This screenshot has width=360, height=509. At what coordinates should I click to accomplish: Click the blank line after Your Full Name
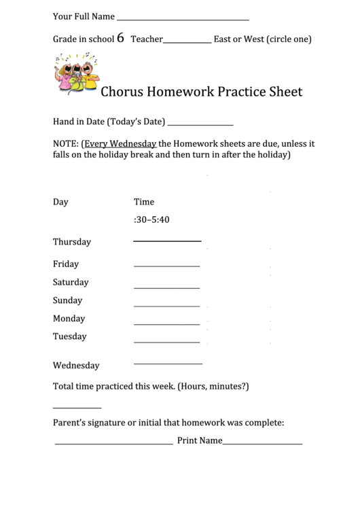(183, 20)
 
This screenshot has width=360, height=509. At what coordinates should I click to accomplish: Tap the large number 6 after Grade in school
(120, 38)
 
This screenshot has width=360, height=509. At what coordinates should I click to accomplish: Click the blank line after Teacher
(187, 43)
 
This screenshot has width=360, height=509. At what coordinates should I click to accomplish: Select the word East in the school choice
(223, 39)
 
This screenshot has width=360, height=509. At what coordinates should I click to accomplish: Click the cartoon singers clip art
(75, 74)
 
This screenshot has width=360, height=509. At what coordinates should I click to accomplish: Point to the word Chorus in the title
(124, 92)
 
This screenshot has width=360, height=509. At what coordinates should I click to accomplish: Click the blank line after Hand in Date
(200, 126)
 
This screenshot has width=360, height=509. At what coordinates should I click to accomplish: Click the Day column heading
(60, 202)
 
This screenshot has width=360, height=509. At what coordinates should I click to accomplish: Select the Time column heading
(144, 202)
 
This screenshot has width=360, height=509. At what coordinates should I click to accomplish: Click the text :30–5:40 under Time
(151, 220)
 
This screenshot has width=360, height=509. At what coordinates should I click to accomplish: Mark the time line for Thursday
(167, 241)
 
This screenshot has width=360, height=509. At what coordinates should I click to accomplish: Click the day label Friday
(66, 264)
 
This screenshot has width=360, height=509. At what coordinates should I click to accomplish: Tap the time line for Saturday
(166, 288)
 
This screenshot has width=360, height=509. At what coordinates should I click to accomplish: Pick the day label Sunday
(67, 300)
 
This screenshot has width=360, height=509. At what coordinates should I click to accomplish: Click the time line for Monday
(166, 324)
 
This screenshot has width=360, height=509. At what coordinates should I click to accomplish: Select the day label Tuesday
(70, 336)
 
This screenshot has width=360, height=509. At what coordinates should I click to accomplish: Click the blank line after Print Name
(262, 444)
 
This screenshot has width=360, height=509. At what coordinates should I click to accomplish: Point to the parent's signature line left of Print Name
(113, 444)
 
